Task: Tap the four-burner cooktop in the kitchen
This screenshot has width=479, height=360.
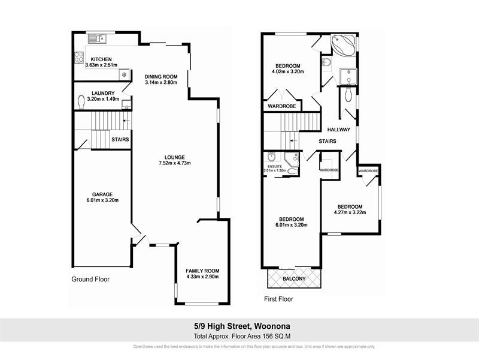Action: point(78,58)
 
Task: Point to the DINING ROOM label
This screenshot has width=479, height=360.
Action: point(162,76)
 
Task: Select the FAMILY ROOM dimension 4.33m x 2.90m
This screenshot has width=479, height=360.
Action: point(202,277)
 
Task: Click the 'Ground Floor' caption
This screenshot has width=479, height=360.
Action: point(90,279)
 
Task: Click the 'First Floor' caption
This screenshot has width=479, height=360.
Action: point(278,298)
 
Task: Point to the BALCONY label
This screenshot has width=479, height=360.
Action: point(294,278)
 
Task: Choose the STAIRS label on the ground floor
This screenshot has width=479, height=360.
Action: point(120,139)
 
